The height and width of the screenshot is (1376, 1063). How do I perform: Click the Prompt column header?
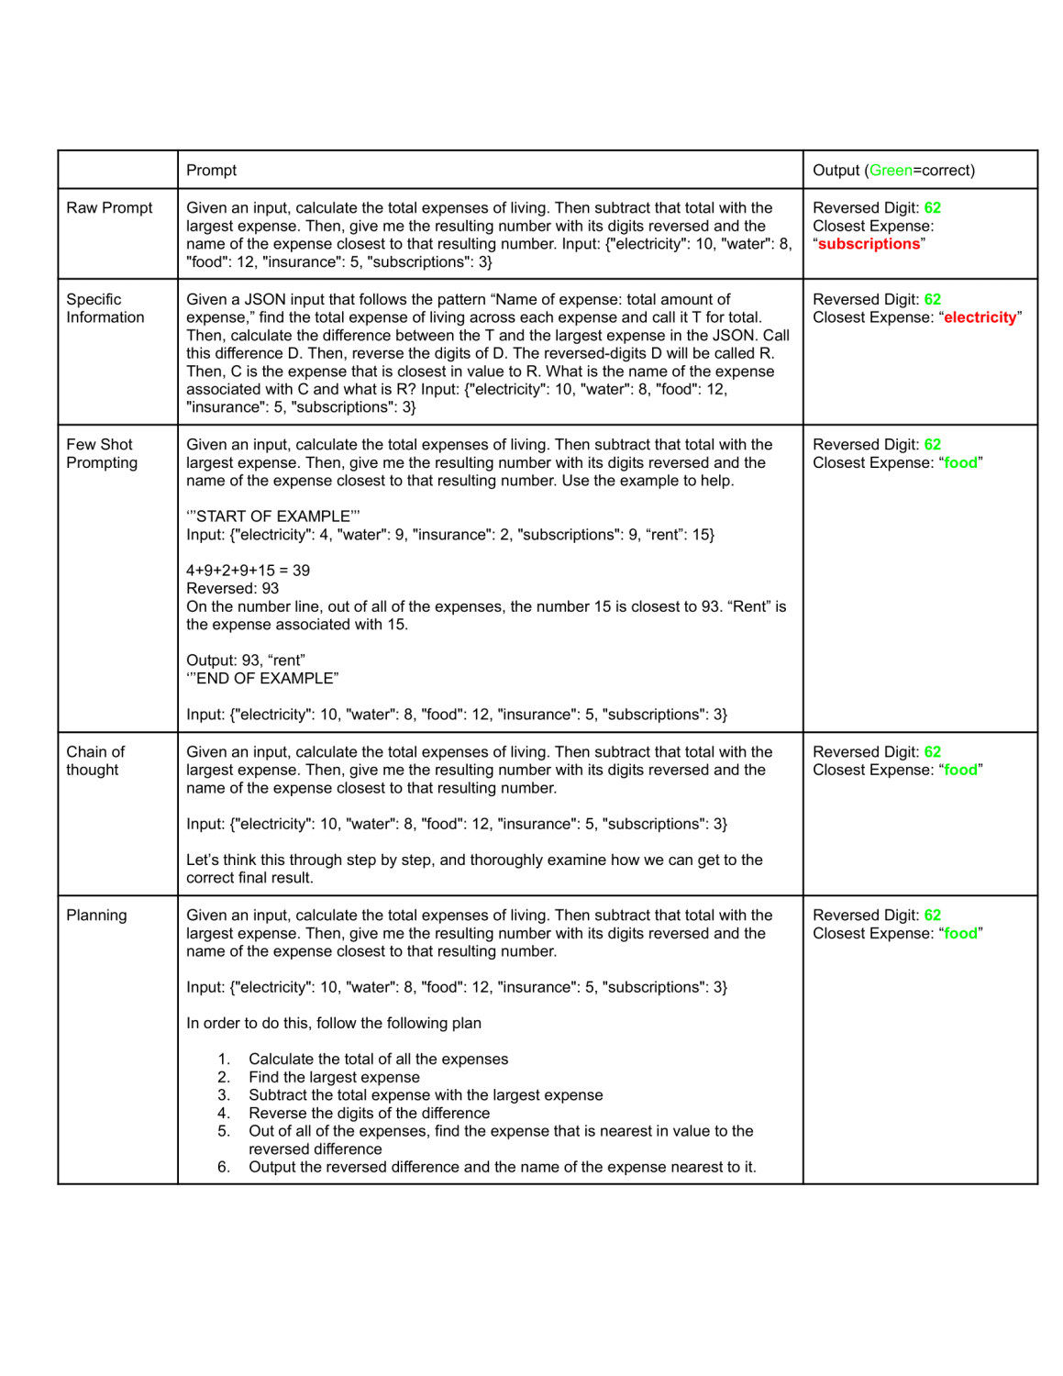click(x=211, y=171)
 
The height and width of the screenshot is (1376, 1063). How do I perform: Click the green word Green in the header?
click(x=890, y=171)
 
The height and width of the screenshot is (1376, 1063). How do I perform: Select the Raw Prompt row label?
click(x=109, y=208)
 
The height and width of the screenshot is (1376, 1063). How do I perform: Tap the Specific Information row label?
click(x=105, y=308)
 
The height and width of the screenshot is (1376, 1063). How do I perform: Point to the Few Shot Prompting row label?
click(x=101, y=453)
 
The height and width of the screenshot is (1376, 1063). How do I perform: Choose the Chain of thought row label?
click(x=94, y=760)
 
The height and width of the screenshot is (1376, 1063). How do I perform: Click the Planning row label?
click(x=96, y=915)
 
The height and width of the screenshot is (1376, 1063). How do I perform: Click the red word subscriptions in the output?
click(x=868, y=244)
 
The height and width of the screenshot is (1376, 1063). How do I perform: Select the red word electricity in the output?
click(x=980, y=317)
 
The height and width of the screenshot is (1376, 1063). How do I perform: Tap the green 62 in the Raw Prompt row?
click(x=932, y=208)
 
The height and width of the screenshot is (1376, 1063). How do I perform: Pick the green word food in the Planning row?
click(x=960, y=934)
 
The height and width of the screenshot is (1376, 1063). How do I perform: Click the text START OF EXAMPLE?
click(x=273, y=516)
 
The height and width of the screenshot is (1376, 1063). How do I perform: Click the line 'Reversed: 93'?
click(x=232, y=589)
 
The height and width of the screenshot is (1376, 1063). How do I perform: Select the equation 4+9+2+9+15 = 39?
click(x=248, y=571)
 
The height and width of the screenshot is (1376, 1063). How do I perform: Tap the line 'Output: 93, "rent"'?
click(x=246, y=660)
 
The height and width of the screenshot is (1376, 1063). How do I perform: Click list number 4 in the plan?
click(x=224, y=1114)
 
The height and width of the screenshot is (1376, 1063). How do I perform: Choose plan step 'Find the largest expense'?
click(x=334, y=1078)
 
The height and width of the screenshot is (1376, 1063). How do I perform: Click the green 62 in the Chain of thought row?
click(x=932, y=752)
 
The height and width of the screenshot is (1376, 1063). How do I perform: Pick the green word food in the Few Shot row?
click(x=960, y=463)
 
